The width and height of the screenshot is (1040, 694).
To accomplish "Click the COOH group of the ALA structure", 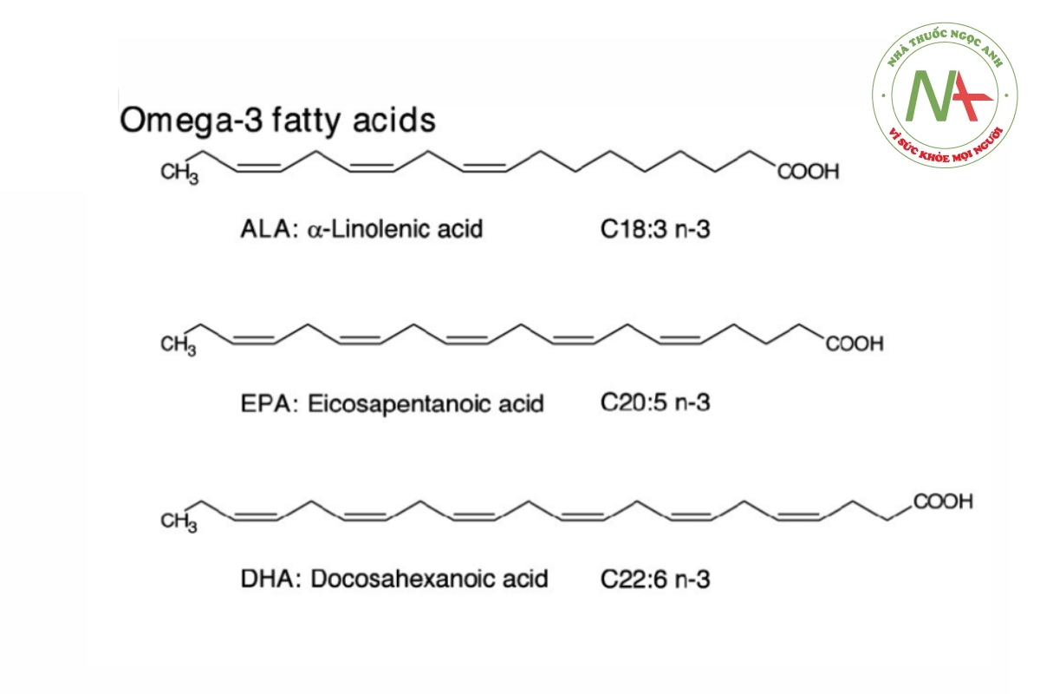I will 809,173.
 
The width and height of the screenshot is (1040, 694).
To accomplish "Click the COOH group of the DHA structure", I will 944,502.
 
